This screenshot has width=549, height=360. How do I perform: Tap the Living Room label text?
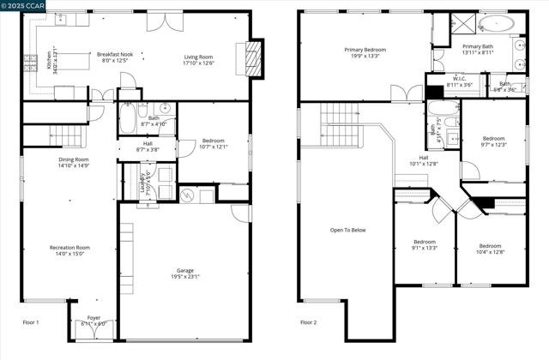point(199,57)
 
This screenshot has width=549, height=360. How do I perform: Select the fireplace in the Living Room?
point(252,57)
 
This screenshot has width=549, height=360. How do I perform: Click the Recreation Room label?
point(69,248)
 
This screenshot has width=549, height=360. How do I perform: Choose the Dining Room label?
point(73,159)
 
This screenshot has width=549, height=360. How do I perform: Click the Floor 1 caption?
point(31,322)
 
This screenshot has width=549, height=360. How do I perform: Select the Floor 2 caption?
point(308,322)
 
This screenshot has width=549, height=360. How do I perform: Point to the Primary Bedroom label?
point(365,50)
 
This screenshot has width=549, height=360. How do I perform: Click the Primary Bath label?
point(478,46)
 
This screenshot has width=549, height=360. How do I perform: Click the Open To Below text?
point(348,230)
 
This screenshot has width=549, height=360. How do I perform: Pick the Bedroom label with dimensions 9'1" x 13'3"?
point(425,242)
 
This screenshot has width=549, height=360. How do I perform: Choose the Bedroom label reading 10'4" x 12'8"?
point(490,246)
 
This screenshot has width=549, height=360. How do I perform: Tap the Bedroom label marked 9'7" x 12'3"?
point(493,139)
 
